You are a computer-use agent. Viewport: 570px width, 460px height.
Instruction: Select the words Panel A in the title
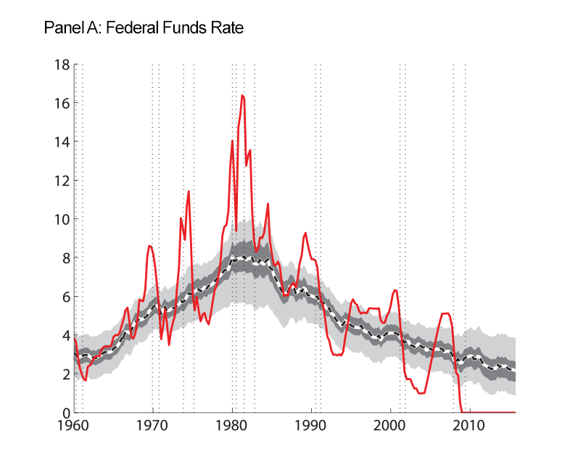[x=72, y=29]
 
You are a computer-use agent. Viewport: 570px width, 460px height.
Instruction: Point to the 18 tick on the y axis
[x=62, y=65]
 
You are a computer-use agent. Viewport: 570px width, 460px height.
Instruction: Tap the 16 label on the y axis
[x=62, y=103]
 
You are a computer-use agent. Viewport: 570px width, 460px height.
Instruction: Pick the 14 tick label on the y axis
[x=62, y=141]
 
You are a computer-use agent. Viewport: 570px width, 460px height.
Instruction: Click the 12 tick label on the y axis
[x=62, y=181]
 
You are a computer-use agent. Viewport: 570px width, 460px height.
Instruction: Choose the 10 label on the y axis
[x=62, y=219]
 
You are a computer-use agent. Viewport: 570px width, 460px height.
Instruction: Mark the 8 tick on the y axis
[x=65, y=258]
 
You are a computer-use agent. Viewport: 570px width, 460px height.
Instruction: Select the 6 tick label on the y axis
[x=65, y=297]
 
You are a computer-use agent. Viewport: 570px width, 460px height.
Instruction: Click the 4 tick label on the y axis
[x=65, y=335]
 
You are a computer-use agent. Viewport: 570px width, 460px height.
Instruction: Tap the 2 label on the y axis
[x=65, y=374]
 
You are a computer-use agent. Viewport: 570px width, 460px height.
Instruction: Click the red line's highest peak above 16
[x=242, y=96]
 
